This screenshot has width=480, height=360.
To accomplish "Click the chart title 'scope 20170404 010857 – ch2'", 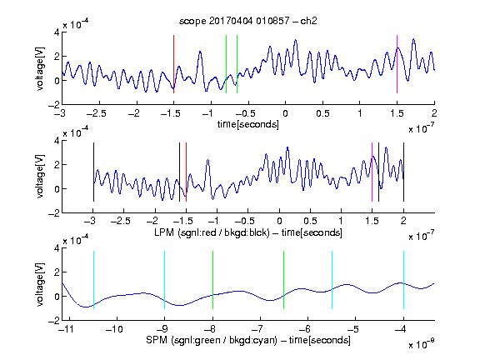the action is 248,21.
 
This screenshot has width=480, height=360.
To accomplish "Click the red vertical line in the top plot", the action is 173,64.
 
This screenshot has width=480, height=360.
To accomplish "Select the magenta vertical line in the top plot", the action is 397,64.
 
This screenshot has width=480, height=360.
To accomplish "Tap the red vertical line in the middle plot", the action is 186,172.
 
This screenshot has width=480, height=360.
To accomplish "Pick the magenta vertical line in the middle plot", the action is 372,172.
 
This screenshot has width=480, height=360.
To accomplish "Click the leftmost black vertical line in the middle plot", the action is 93,172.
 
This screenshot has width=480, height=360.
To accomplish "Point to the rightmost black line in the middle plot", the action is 403,172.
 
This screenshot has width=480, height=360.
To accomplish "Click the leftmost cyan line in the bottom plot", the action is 93,280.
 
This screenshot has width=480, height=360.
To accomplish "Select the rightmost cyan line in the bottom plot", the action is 403,280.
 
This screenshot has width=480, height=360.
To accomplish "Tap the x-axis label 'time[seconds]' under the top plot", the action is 248,124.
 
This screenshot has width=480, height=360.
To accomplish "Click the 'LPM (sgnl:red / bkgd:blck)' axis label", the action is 212,232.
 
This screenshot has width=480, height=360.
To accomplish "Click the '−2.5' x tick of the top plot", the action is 96,113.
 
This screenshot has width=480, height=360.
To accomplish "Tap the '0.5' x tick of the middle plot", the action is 310,221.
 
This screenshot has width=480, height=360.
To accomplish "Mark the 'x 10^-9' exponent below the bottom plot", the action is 421,344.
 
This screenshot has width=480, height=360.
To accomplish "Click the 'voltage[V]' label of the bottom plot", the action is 40,284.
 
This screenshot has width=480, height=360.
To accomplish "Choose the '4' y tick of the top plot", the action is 57,32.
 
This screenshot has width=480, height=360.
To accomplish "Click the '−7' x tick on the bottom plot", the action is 259,329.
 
